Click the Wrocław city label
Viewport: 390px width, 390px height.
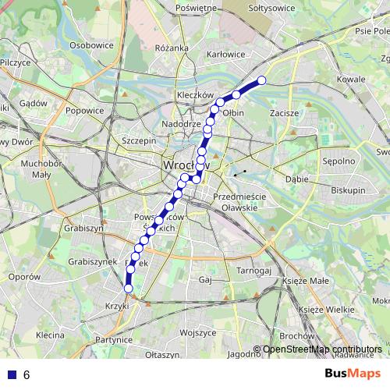point(185,166)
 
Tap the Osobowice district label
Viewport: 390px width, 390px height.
point(92,45)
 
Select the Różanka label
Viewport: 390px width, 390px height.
point(172,48)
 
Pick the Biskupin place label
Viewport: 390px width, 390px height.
point(347,189)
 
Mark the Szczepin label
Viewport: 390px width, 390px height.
point(140,140)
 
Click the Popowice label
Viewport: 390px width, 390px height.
point(84,111)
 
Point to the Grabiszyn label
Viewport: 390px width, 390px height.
point(85,229)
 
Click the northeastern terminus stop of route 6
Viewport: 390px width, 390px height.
point(262,80)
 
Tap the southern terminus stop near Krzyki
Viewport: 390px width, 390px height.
point(129,289)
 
